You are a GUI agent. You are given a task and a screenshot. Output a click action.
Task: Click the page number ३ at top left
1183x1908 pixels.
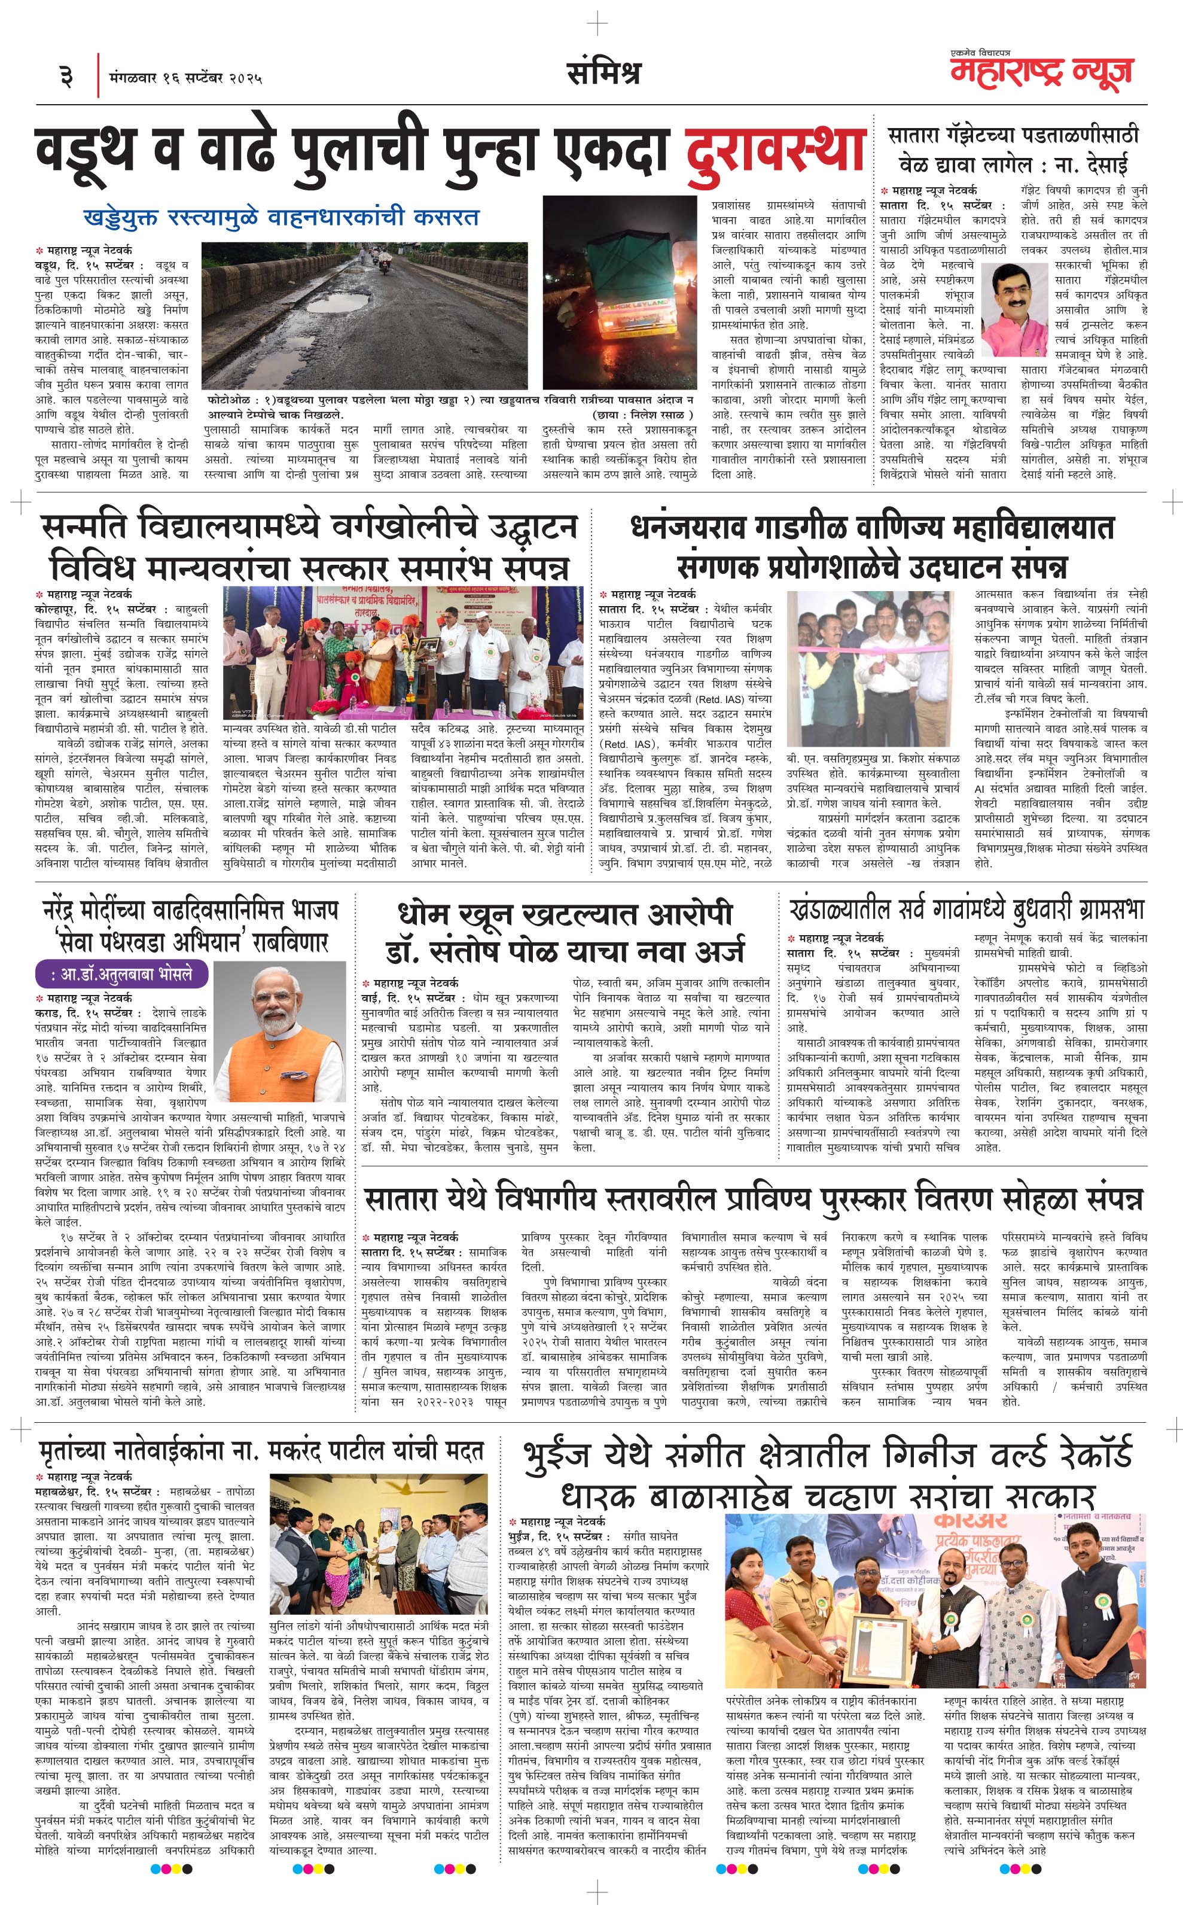pos(66,77)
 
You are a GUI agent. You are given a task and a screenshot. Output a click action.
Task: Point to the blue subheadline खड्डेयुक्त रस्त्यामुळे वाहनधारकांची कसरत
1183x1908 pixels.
pos(281,216)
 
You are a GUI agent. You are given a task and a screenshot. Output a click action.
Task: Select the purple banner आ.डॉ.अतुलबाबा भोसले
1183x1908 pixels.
pos(123,975)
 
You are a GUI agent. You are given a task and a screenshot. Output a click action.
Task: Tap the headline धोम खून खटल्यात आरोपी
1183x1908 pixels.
pos(565,913)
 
